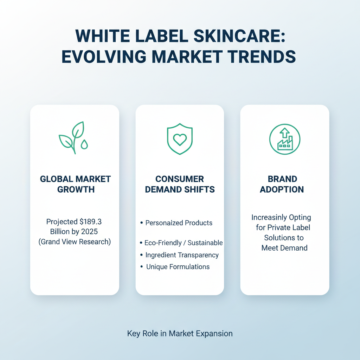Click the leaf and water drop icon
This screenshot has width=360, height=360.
[x=74, y=137]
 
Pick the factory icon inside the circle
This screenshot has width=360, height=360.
[x=284, y=139]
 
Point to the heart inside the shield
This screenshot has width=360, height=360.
[x=180, y=140]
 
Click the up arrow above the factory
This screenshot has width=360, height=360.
[x=284, y=133]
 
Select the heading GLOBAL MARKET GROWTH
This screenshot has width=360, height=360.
[x=75, y=184]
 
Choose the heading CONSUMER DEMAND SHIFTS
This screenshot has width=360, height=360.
[x=180, y=184]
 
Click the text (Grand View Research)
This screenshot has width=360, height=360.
[x=75, y=242]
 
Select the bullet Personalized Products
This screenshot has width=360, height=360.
[x=179, y=223]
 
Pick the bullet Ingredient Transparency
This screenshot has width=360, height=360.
[x=182, y=255]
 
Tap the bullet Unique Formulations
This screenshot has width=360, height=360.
[x=178, y=267]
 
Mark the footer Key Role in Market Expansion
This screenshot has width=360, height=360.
[x=180, y=333]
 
